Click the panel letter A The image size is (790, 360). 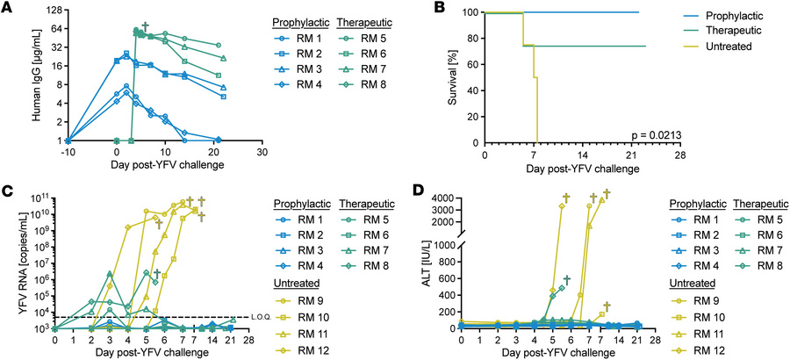[x=7, y=8]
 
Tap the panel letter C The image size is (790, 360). [x=7, y=191]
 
